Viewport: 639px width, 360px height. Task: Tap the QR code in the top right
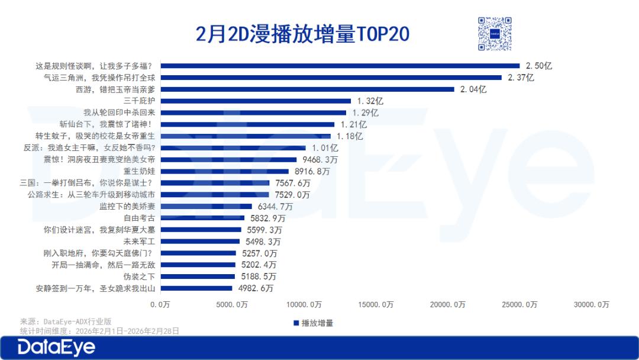[494, 34]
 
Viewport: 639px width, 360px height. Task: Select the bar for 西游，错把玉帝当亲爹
[308, 89]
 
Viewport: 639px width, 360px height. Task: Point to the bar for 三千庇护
[256, 101]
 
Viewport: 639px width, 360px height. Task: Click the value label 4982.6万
[254, 288]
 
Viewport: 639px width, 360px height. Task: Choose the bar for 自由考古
[202, 218]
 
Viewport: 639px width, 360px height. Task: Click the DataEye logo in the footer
[56, 348]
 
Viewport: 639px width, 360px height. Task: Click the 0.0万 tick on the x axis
[160, 304]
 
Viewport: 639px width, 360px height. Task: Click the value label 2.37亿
[521, 78]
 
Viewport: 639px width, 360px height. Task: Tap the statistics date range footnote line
[99, 330]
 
